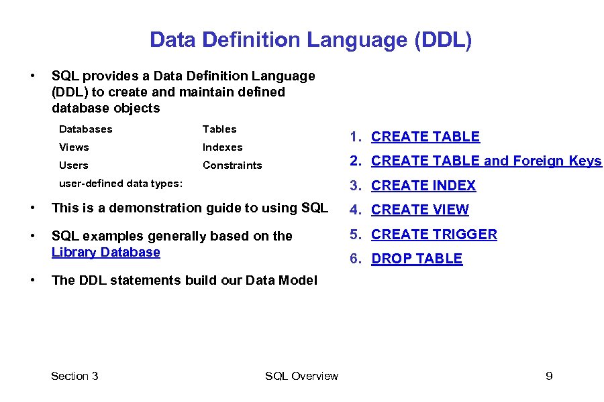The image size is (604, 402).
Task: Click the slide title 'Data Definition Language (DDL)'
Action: coord(311,40)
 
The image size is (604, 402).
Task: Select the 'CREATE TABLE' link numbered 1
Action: coord(425,137)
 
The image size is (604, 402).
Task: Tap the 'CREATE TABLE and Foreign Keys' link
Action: coord(486,161)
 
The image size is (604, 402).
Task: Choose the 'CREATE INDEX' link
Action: coord(423,186)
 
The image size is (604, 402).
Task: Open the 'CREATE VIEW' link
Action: coord(419,210)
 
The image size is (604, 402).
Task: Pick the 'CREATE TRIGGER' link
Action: coord(434,234)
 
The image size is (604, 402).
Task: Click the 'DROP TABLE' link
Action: coord(416,259)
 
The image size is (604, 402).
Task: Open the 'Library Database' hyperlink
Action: coord(105,252)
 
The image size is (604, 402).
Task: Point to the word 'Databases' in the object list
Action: coord(85,129)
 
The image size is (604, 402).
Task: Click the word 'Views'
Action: coord(74,147)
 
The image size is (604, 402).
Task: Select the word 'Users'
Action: coord(73,165)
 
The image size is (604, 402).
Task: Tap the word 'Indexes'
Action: coord(222,147)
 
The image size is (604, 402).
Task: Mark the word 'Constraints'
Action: coord(232,165)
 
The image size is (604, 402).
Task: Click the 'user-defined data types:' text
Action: coord(120,183)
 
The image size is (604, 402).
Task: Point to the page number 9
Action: coord(549,376)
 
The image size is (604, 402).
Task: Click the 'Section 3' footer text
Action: coord(74,376)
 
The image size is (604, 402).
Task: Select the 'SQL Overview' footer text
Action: coord(301,376)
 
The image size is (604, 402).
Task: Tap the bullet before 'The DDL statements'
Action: coord(32,280)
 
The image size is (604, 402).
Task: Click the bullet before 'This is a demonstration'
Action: coord(32,208)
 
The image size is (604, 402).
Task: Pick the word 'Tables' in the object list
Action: coord(219,129)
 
